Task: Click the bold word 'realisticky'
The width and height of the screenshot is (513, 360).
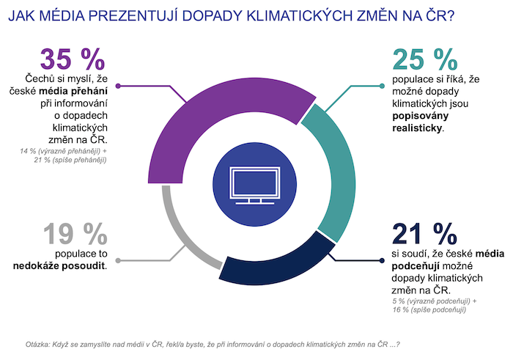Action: [418, 126]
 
